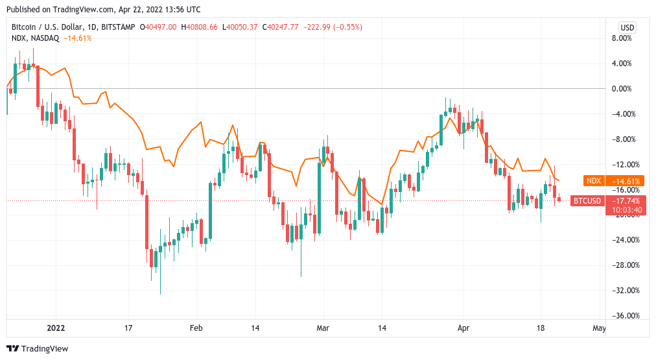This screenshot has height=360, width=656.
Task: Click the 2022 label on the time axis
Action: pos(56,328)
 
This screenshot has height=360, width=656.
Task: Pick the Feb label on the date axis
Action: pos(196,328)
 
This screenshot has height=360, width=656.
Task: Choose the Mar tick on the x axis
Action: pos(323,328)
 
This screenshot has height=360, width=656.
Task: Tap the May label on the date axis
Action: pos(599,328)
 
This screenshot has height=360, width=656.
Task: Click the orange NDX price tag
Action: pos(594,181)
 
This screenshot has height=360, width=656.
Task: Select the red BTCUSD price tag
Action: pos(589,201)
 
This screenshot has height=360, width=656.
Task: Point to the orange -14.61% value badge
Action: pos(626,181)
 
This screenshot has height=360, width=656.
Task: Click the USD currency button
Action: pos(627,27)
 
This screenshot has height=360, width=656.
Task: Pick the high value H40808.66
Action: pos(200,27)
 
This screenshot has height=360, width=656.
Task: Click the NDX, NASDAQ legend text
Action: pos(36,38)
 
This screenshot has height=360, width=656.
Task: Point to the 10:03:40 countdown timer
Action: pos(626,210)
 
